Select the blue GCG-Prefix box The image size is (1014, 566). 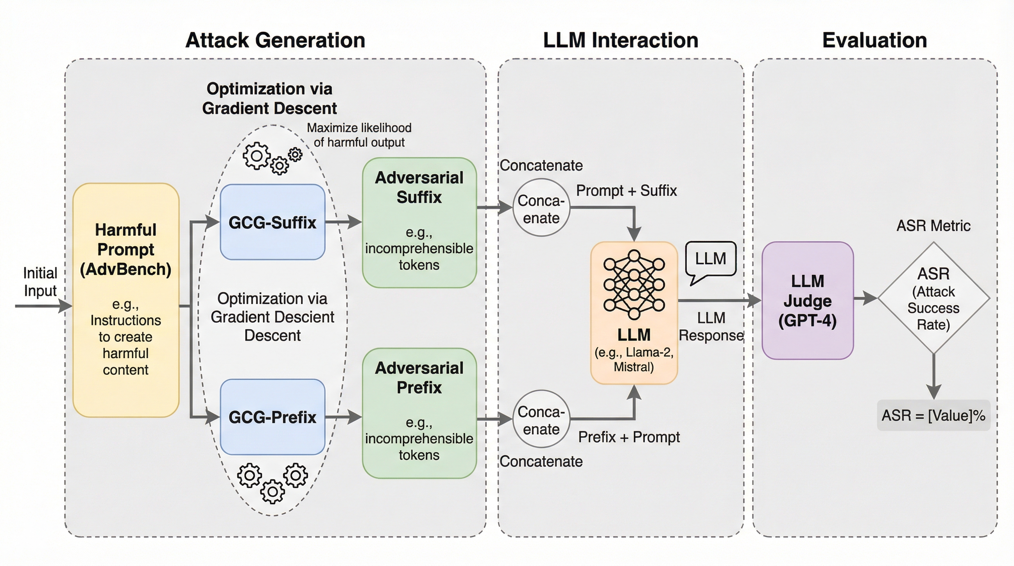pos(272,417)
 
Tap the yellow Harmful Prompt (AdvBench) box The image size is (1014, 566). pos(126,300)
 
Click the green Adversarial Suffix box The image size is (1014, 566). pos(419,223)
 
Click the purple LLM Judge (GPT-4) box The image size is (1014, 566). pos(807,300)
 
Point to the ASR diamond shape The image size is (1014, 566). pos(933,298)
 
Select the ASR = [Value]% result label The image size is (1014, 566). pos(933,416)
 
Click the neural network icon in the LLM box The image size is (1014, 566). pos(634,284)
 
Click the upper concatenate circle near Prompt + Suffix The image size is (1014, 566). pos(541,207)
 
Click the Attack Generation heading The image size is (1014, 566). pos(275,40)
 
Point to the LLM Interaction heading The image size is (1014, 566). pos(620,40)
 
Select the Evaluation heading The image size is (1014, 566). pos(874,40)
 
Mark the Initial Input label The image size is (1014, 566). pos(40,282)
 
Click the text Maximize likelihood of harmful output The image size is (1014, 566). pos(359,135)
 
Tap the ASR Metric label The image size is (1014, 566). pos(933,226)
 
